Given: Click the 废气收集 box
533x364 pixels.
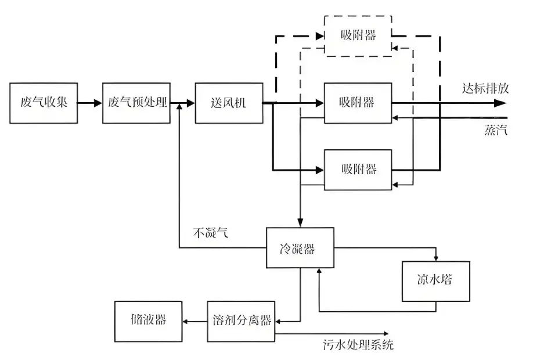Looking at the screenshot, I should [44, 103].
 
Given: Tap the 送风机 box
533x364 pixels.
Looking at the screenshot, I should [229, 103].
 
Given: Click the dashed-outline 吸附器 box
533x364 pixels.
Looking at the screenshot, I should [358, 35].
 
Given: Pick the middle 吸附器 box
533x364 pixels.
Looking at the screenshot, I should [358, 103].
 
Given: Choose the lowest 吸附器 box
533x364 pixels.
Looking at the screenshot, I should [358, 170].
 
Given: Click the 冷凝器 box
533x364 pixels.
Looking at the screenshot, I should [300, 248].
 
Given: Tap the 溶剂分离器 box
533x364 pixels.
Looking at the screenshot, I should [242, 321].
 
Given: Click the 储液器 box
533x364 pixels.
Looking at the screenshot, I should [148, 321].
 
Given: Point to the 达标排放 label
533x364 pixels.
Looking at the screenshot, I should [485, 88].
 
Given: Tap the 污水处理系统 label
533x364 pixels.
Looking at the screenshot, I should [358, 345].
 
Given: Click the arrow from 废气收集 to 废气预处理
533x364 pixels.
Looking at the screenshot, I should [89, 103].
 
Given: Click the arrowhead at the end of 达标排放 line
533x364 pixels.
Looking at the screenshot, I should [500, 103].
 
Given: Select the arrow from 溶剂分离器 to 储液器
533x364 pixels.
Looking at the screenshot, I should [195, 321].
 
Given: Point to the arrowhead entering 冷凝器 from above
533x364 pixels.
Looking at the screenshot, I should [300, 224].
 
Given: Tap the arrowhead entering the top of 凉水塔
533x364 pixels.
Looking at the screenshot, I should [435, 258].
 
